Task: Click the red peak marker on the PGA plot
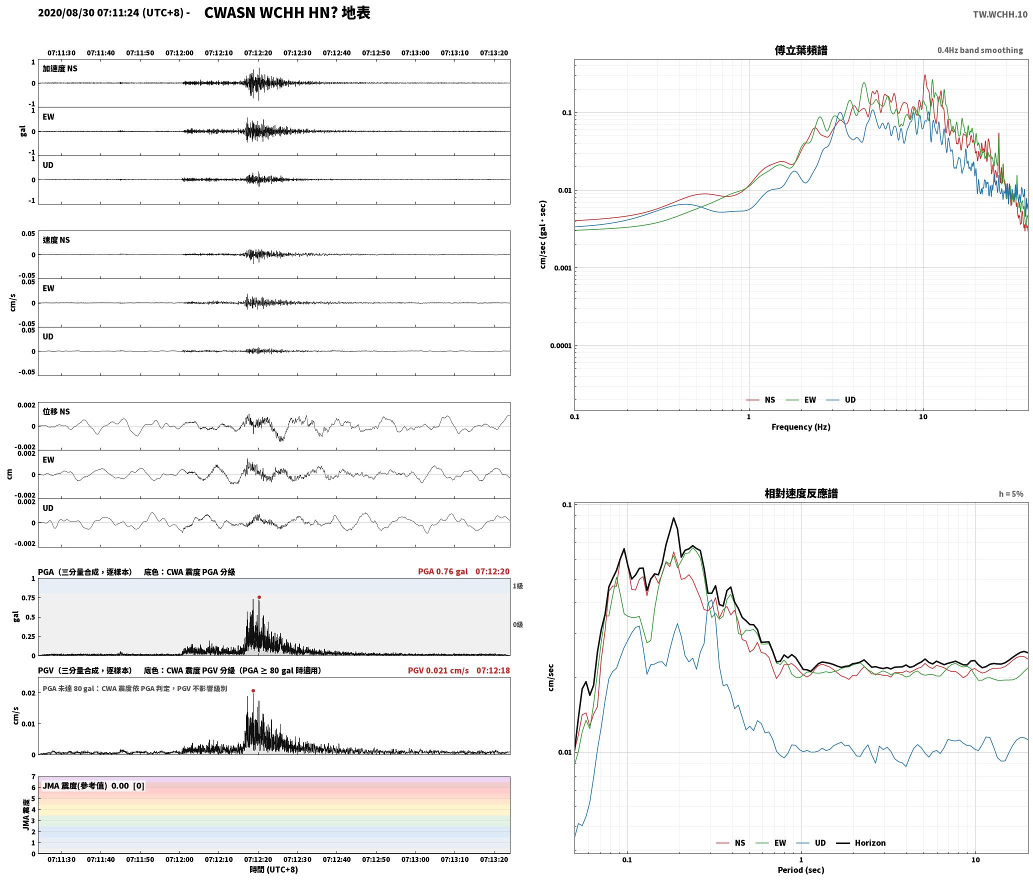click(259, 597)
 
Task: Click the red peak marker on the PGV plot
click(253, 690)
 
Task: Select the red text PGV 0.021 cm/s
click(438, 670)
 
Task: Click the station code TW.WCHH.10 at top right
click(1000, 14)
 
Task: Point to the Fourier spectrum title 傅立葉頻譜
click(800, 50)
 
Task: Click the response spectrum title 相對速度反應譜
click(801, 493)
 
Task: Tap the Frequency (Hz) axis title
click(800, 426)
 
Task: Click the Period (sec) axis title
click(800, 869)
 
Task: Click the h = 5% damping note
click(1011, 493)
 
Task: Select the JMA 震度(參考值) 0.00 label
click(93, 785)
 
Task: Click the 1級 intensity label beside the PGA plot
click(517, 585)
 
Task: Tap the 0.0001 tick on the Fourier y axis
click(560, 345)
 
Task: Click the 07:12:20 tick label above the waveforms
click(258, 52)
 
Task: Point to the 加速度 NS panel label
click(60, 68)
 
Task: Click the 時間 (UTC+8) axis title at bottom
click(274, 869)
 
